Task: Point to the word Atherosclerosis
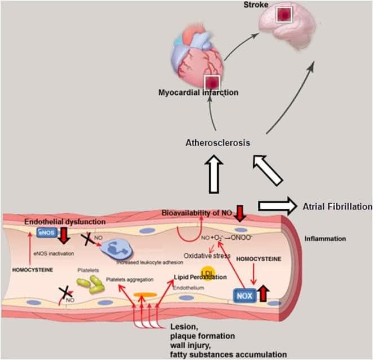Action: point(218,143)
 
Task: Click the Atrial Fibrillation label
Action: point(337,206)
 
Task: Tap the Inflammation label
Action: point(324,239)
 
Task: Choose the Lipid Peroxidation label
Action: point(200,278)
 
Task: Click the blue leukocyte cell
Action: point(119,246)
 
